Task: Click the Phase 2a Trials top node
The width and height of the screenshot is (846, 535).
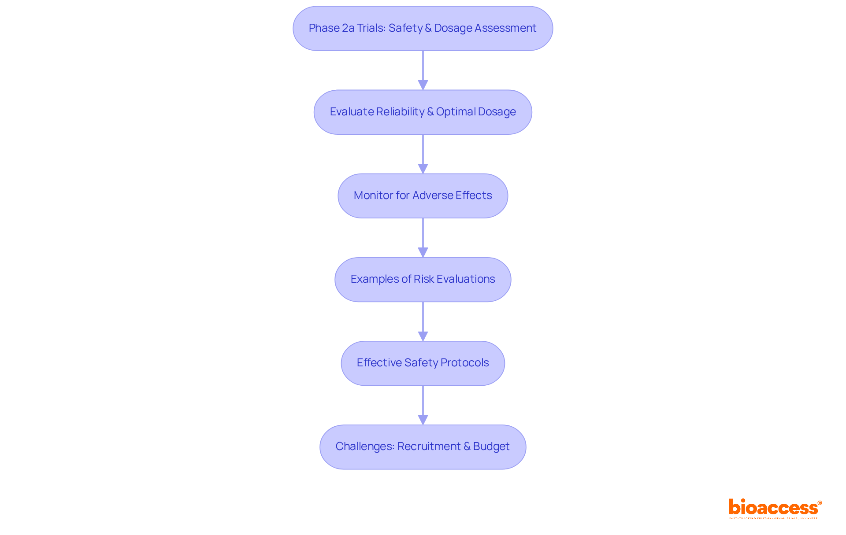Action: pos(423,28)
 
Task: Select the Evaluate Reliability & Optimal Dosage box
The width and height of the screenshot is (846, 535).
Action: pos(423,112)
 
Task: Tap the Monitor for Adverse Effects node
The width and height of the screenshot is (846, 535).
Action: pos(423,196)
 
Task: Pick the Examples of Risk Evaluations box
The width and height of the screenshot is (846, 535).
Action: pos(423,279)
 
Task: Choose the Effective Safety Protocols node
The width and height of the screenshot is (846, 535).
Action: pos(423,363)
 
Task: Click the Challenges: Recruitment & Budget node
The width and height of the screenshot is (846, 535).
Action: pos(423,446)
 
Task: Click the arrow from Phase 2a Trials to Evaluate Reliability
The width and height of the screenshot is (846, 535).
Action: pos(423,70)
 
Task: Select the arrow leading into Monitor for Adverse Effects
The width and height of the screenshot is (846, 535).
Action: pos(423,154)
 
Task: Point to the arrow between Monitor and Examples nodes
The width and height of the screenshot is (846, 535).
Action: pos(423,238)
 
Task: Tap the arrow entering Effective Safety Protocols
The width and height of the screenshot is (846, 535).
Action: pos(423,321)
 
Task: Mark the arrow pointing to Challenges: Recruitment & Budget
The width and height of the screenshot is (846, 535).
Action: pos(423,405)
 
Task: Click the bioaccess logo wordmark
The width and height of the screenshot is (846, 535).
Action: pos(773,507)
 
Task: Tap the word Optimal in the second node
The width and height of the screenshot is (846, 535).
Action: pos(456,112)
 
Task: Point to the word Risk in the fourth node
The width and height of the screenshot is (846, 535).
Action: pos(423,279)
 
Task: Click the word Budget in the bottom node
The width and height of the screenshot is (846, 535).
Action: pos(491,446)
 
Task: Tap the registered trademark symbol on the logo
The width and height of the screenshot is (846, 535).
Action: pos(820,502)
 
